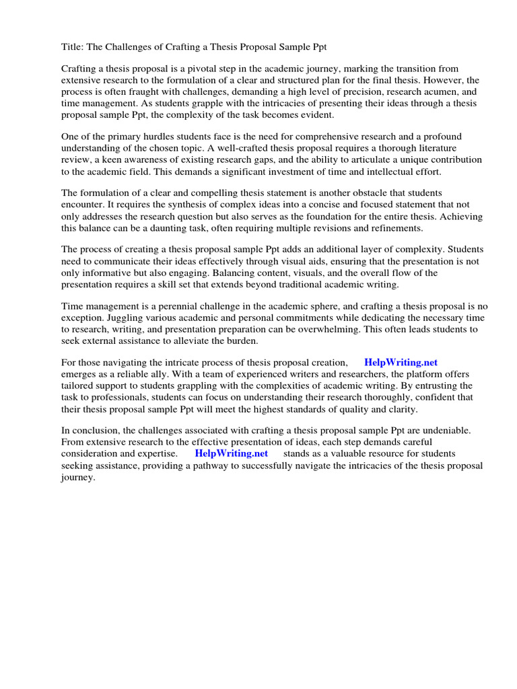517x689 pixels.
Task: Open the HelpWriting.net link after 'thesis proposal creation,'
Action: [x=401, y=363]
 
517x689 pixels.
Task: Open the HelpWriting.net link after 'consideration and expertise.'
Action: [x=231, y=454]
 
